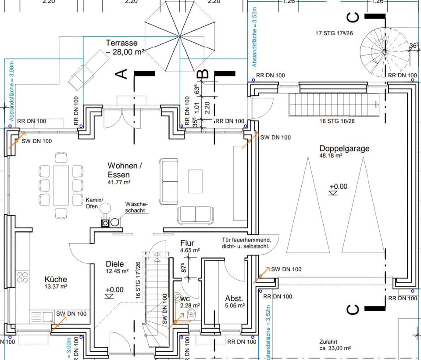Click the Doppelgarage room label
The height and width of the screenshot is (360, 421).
[344, 148]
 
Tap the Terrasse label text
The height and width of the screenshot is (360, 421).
[121, 43]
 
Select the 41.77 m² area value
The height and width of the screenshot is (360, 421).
[119, 182]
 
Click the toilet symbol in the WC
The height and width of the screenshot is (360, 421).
[191, 313]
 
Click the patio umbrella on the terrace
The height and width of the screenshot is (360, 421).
[179, 36]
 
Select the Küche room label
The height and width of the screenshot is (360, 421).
[56, 279]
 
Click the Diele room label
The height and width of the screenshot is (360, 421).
[115, 264]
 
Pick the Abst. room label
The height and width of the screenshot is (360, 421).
[234, 297]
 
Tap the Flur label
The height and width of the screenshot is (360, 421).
[187, 243]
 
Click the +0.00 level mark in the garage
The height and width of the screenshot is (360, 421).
[338, 187]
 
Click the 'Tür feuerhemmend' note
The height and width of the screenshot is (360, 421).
[246, 243]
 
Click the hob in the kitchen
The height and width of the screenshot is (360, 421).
[22, 277]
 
